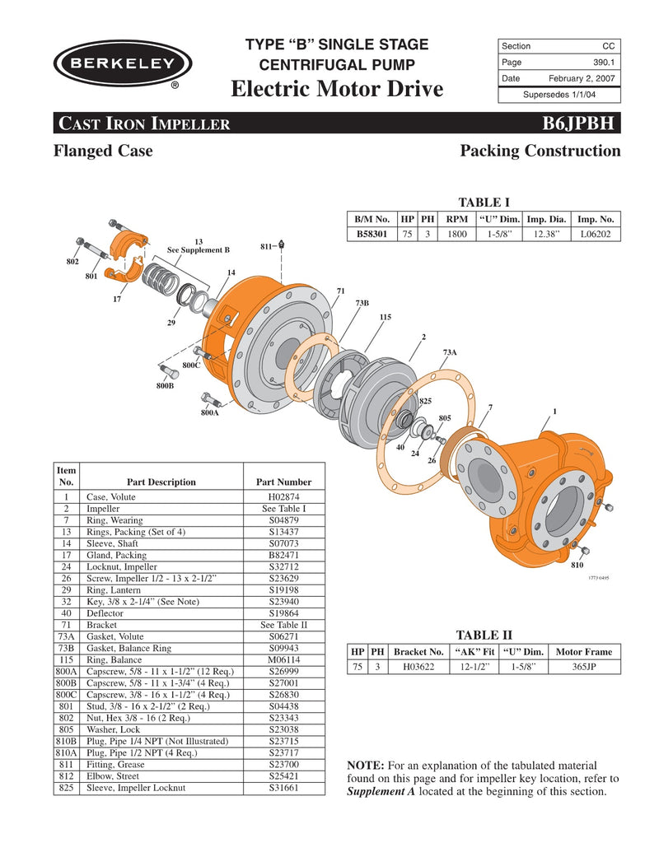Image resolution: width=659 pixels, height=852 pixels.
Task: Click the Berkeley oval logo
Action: coord(122,63)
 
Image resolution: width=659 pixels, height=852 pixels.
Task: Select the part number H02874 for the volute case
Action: coord(278,497)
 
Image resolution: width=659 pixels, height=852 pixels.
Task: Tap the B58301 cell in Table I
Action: coord(372,234)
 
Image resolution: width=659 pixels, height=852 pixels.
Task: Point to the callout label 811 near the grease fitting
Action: coord(266,245)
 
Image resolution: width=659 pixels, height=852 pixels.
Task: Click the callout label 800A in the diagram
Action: coord(210,413)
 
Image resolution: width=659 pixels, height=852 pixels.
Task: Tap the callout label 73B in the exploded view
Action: coord(362,304)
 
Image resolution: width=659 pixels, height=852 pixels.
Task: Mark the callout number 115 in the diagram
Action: coord(385,317)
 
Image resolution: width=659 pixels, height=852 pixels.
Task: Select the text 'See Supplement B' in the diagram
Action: coord(199,249)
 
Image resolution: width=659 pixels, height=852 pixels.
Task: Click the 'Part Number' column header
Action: coord(278,482)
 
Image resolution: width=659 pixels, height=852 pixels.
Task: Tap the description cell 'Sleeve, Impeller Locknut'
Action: coord(136,788)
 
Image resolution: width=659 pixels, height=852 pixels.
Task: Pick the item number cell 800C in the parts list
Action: coord(66,695)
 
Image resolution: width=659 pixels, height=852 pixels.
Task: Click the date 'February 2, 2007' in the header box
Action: coord(582,78)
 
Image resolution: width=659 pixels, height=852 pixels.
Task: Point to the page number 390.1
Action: coord(604,62)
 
